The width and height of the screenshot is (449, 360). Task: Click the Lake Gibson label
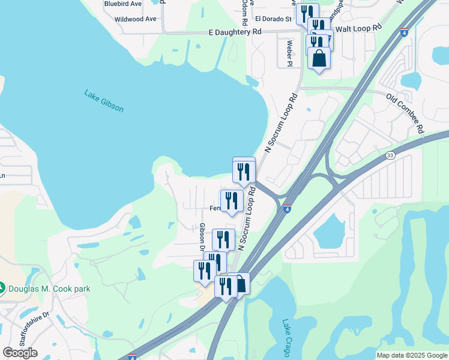coord(104,101)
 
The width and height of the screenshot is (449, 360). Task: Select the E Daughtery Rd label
coord(235,31)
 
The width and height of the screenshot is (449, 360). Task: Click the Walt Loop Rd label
coord(358,28)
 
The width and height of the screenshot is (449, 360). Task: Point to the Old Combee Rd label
coord(405,113)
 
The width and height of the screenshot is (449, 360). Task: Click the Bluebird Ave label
coord(122,4)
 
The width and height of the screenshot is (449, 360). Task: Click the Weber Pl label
coord(289,53)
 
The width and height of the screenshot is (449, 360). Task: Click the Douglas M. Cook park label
coord(49,289)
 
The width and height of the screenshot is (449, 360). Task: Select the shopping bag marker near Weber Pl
coord(319,59)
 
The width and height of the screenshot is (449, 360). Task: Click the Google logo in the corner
coord(20,352)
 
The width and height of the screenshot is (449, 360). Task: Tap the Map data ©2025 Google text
coord(412,355)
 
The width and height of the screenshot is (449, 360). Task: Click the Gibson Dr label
coord(202,237)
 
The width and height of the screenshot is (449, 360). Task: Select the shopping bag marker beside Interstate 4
coord(240,284)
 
